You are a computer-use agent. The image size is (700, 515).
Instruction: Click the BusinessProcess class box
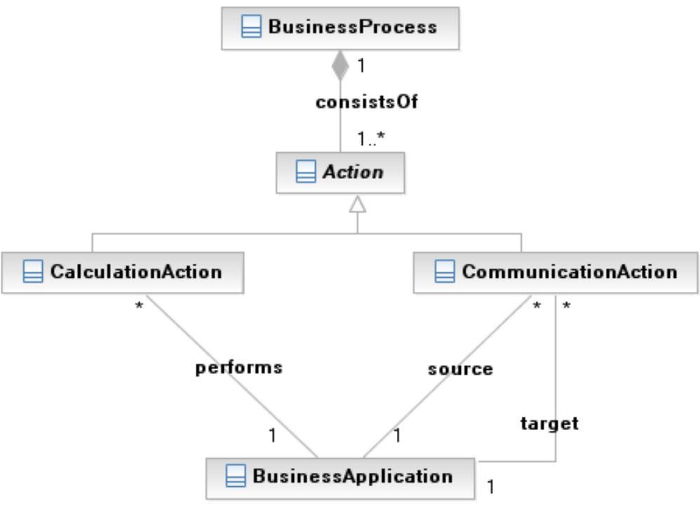[x=340, y=28]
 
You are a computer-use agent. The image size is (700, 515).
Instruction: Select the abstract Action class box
[x=340, y=173]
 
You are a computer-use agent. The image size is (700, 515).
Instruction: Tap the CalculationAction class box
[x=123, y=272]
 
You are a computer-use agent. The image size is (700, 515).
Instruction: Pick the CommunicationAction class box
[x=556, y=272]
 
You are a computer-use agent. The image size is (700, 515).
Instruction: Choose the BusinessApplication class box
[x=340, y=477]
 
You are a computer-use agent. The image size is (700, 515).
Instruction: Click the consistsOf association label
[x=366, y=102]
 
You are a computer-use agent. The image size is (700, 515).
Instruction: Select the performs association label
[x=238, y=367]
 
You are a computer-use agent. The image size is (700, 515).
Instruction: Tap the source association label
[x=460, y=369]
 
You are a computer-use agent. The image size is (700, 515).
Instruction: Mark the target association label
[x=549, y=423]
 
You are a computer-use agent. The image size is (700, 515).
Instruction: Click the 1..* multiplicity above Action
[x=370, y=139]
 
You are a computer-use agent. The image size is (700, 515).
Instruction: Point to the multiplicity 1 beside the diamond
[x=361, y=66]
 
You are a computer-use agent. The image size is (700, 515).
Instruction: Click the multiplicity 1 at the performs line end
[x=272, y=436]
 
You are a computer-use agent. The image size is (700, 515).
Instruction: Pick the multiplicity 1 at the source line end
[x=396, y=436]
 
